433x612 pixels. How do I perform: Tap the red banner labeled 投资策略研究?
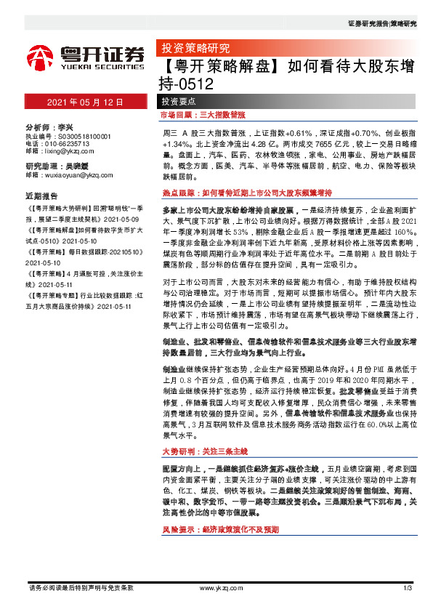(x=195, y=49)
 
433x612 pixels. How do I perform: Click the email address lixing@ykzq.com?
(x=68, y=152)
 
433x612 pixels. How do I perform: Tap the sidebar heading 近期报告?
(x=41, y=196)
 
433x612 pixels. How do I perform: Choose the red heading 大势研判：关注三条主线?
(x=205, y=451)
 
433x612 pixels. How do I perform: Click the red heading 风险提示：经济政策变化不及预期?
(x=220, y=531)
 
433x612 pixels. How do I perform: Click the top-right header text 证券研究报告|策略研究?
(x=382, y=23)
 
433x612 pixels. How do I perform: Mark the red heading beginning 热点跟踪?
(x=246, y=193)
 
